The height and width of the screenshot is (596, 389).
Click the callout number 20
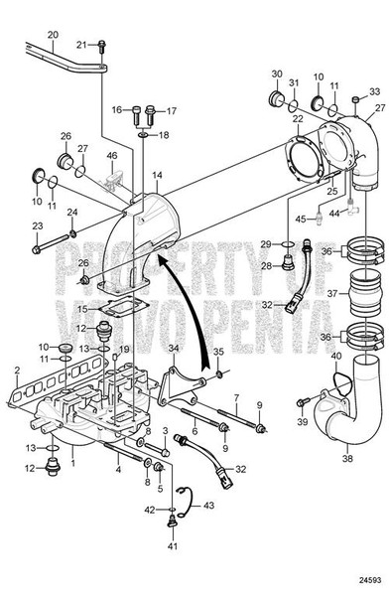pos(52,35)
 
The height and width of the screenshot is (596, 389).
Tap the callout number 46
pos(111,156)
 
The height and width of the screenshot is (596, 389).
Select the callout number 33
pos(374,91)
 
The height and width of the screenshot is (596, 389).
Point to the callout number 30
pos(277,75)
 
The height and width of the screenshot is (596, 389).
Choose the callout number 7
pos(237,396)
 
